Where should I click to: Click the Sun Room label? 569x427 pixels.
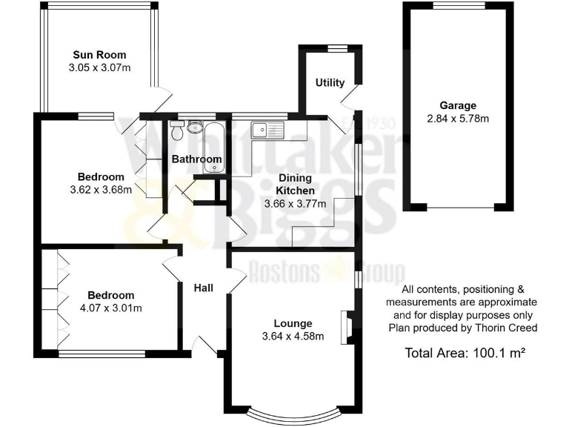click(99, 55)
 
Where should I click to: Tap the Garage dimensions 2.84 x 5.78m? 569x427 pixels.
click(457, 119)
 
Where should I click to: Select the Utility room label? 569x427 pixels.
click(330, 82)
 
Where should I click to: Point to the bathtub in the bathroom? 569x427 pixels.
click(213, 145)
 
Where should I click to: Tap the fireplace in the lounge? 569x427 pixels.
click(346, 328)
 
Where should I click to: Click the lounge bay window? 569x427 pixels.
click(293, 411)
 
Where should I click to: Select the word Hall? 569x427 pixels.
click(205, 288)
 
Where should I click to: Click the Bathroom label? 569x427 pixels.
click(196, 159)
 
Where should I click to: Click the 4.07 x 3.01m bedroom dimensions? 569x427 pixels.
click(110, 308)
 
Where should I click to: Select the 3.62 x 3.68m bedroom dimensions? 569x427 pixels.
click(100, 189)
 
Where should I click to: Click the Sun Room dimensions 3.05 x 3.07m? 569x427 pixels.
click(99, 68)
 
